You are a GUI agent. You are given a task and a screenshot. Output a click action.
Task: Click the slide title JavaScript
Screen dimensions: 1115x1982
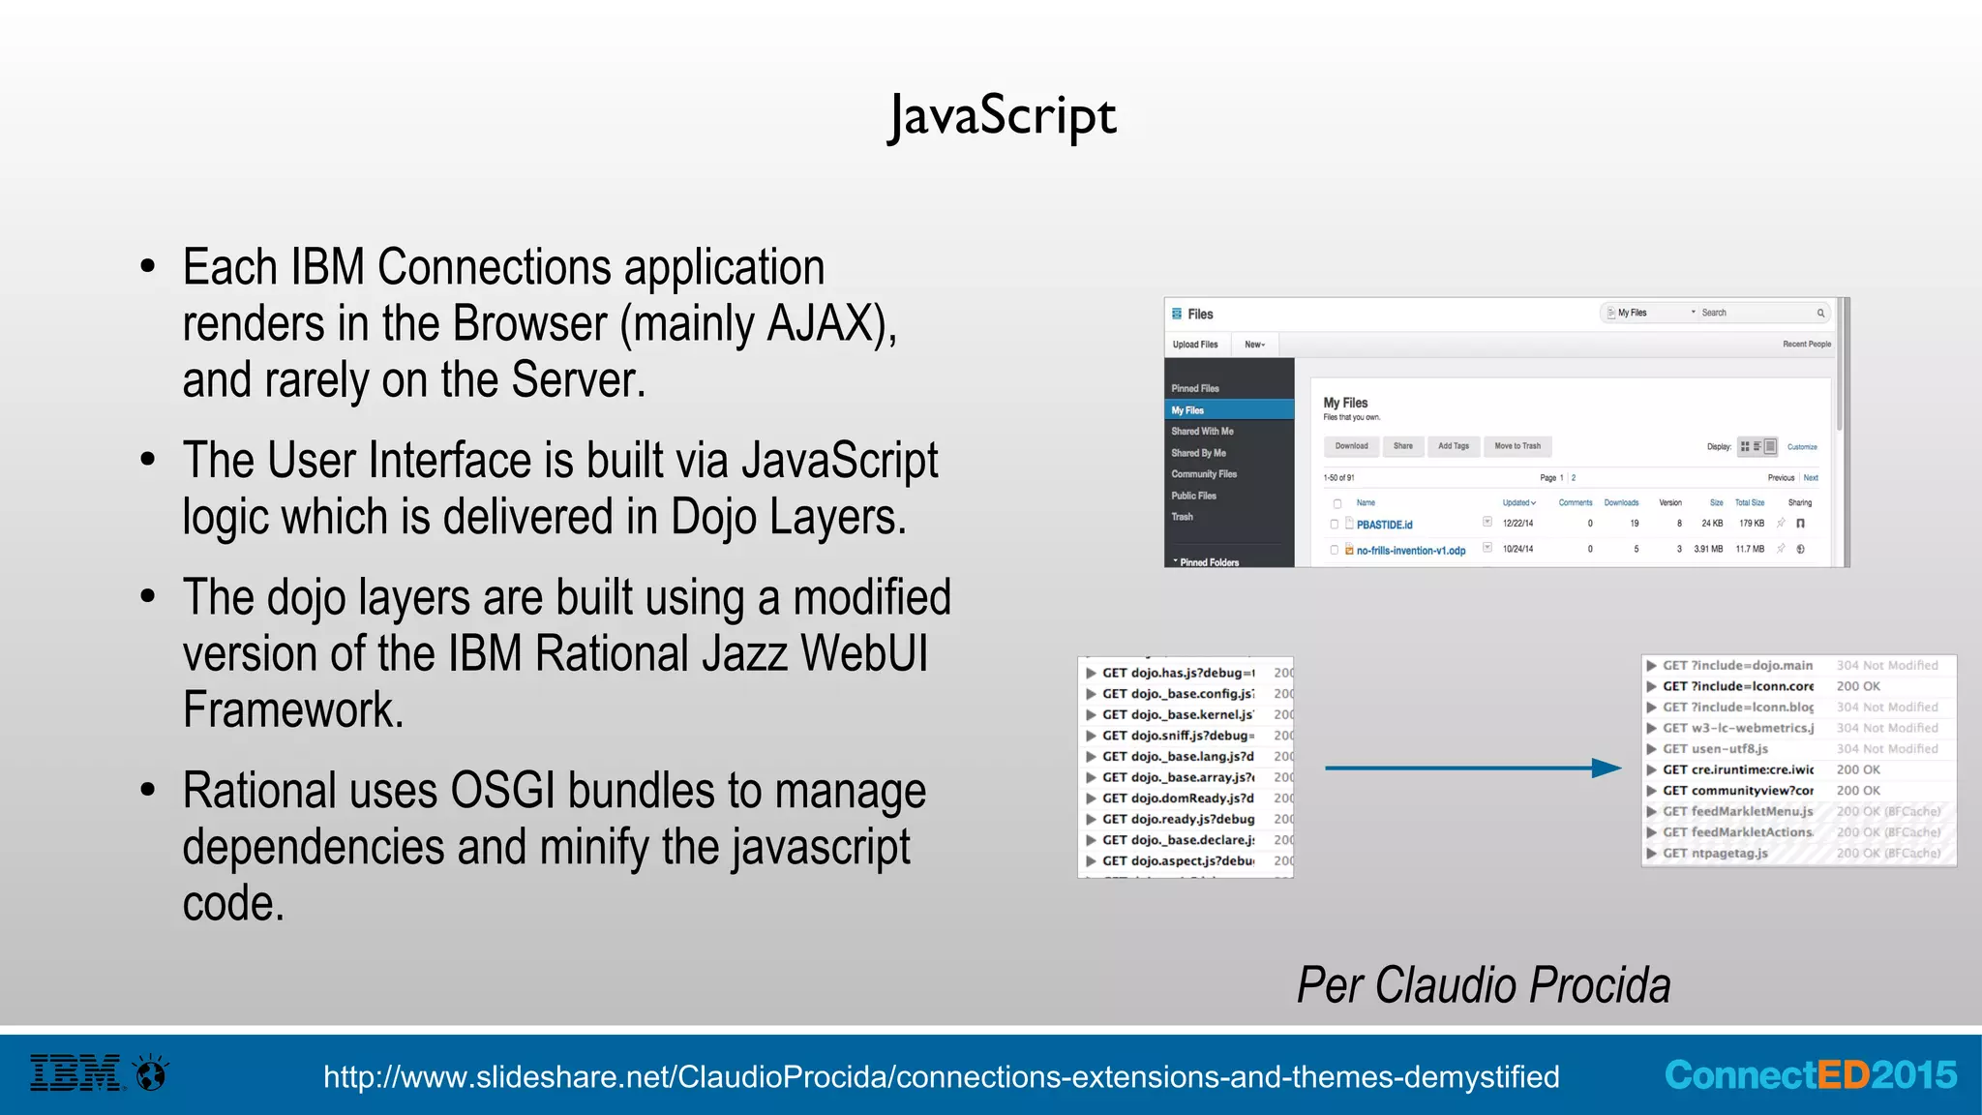point(1003,116)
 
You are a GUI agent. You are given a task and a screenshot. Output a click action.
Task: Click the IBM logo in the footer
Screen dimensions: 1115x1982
point(75,1073)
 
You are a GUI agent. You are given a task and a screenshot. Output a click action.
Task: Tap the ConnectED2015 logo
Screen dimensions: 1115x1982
point(1810,1075)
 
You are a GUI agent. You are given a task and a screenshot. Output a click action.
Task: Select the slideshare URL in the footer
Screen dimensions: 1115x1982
point(941,1076)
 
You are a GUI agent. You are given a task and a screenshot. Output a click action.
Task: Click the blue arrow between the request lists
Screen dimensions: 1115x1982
point(1472,768)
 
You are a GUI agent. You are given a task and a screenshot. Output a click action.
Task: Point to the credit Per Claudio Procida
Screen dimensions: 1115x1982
point(1484,985)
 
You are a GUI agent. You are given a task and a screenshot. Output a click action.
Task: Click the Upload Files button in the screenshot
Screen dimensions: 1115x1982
point(1195,345)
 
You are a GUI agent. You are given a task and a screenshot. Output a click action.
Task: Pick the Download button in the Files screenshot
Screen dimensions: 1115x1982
point(1351,446)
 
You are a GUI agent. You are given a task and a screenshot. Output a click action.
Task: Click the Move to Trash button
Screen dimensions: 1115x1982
point(1517,446)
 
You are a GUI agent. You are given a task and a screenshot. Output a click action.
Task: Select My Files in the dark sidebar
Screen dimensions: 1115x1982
point(1187,410)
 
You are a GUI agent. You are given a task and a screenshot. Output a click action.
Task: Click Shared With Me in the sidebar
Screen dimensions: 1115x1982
point(1202,432)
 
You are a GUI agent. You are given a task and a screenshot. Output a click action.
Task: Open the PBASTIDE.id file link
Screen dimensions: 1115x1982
point(1384,525)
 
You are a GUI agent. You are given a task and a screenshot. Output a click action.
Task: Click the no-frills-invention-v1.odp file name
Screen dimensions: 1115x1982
point(1410,551)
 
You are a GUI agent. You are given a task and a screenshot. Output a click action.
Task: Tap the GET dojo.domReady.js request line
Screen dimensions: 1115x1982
point(1178,799)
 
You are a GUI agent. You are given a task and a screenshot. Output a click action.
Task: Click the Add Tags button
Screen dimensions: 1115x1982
point(1453,446)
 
